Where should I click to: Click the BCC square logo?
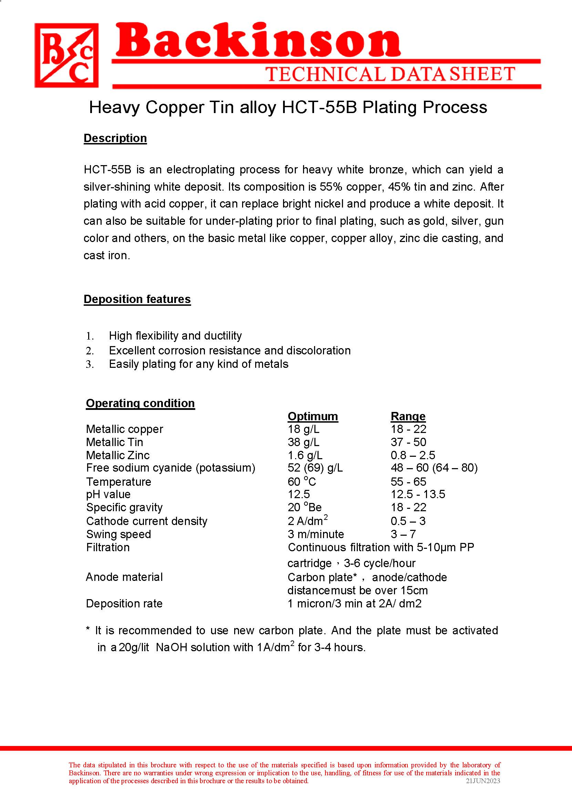66,56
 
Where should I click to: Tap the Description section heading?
115,138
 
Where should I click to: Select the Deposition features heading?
137,299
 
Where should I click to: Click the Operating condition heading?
140,403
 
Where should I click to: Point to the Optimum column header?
312,416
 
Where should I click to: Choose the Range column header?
408,416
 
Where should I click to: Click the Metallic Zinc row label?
118,455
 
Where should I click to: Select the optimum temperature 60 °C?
302,482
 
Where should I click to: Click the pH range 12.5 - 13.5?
418,494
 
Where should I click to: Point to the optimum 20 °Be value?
304,507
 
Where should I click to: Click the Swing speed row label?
118,534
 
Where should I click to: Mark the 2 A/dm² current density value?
307,521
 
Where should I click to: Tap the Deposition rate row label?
124,604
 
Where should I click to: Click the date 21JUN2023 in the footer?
482,781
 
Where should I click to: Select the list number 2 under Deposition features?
90,351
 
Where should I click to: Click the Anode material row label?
124,577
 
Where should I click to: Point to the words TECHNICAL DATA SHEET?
390,74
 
